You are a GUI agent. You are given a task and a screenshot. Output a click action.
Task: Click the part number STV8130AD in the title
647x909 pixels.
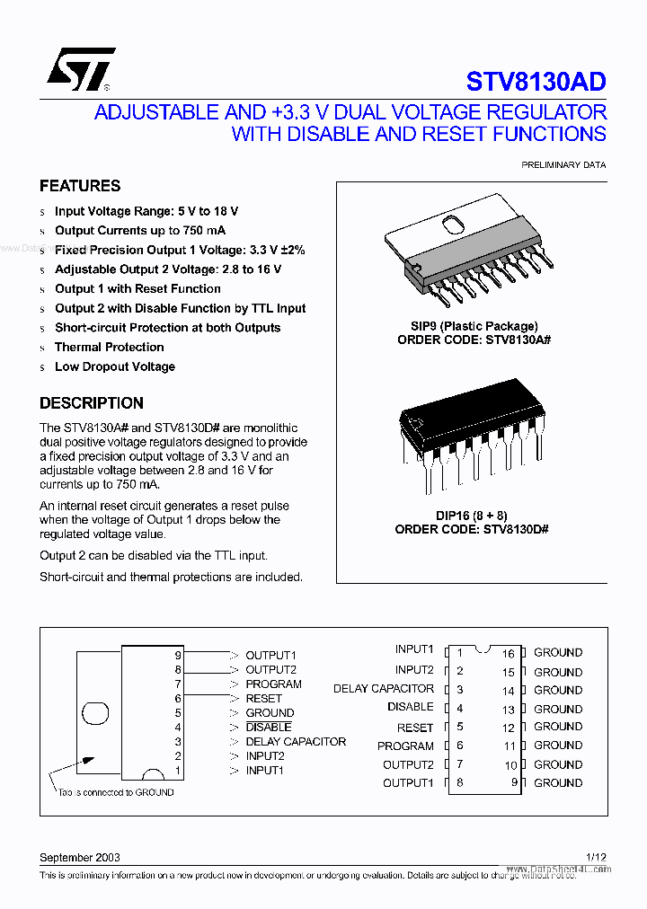click(x=536, y=82)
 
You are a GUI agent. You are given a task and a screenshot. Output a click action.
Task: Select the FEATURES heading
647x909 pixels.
click(x=80, y=186)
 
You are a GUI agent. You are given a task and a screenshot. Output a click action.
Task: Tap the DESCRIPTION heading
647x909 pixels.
click(x=92, y=403)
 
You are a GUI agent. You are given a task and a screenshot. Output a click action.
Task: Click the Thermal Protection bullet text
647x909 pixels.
click(x=109, y=347)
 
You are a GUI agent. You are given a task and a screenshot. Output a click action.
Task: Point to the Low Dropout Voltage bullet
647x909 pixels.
click(x=114, y=366)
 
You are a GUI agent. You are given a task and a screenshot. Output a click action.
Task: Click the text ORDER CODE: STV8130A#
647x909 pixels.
click(x=472, y=340)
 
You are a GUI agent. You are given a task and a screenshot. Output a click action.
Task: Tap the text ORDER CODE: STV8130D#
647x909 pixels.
click(x=472, y=529)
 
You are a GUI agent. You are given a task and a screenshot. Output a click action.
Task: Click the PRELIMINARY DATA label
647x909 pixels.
click(x=563, y=165)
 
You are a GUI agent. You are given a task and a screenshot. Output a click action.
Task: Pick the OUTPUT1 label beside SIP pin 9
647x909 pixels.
click(x=270, y=656)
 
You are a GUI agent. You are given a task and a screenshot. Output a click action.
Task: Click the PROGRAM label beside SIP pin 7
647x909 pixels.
click(x=273, y=684)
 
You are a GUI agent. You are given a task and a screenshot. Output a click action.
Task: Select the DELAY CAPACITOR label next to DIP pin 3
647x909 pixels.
click(x=384, y=689)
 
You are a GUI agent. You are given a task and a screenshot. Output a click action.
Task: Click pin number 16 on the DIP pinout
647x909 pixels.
click(x=508, y=654)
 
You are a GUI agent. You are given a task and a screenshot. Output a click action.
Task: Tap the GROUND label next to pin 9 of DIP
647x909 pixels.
click(x=558, y=782)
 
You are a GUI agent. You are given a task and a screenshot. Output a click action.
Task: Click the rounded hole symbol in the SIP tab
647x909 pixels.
click(x=95, y=713)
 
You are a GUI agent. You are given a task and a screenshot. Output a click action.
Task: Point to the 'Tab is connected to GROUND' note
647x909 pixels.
click(x=116, y=792)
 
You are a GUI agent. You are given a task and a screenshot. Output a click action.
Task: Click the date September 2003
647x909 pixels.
click(x=80, y=858)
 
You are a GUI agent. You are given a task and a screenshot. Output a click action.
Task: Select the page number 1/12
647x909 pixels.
click(x=596, y=858)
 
